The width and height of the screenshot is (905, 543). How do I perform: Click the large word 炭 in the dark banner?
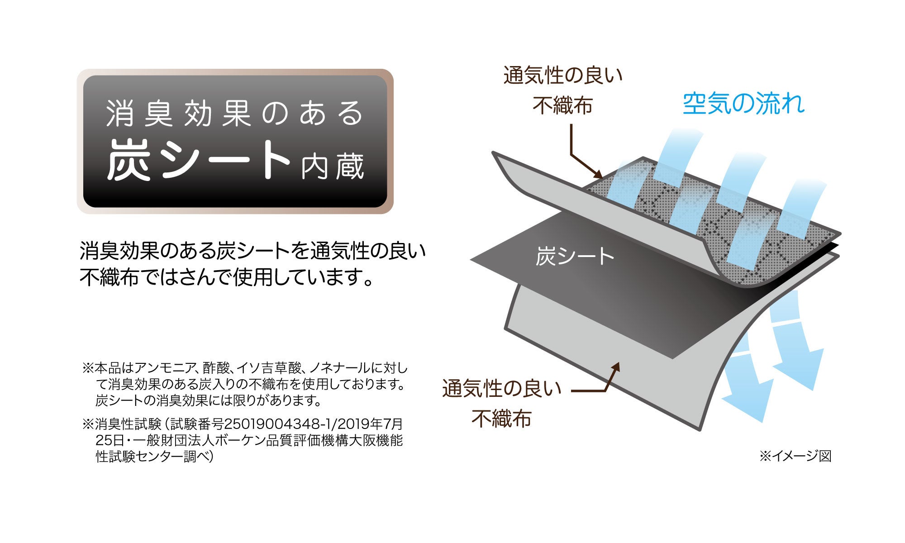[x=129, y=160]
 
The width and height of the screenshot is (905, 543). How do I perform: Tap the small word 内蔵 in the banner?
[x=333, y=167]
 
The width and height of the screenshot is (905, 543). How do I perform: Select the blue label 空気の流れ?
[x=743, y=104]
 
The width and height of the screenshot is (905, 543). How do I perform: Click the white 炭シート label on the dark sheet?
[x=575, y=257]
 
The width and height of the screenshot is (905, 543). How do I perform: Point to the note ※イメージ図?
[x=795, y=456]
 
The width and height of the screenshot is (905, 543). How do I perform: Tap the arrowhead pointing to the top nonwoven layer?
[x=599, y=174]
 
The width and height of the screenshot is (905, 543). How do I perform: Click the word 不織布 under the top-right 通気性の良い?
[x=562, y=106]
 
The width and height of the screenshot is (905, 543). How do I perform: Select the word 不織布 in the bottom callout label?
[x=501, y=419]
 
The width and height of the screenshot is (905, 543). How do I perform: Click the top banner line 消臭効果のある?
[x=235, y=113]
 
